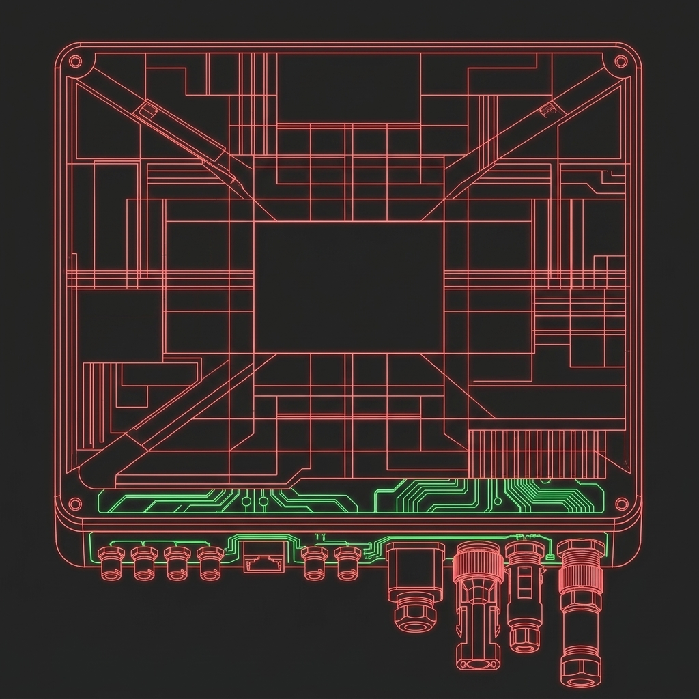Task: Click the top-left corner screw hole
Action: [x=76, y=61]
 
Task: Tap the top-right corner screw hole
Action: [x=620, y=61]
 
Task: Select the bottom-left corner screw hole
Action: [x=75, y=504]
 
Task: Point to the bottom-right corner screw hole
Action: [x=621, y=504]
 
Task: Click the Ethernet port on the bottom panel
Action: [x=263, y=561]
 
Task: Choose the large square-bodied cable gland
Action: [x=415, y=570]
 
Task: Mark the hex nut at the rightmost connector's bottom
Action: [x=580, y=672]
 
